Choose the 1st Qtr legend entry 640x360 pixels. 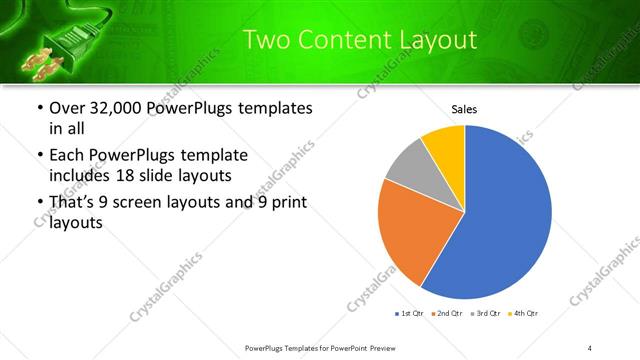(x=411, y=314)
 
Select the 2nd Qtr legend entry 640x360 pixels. (x=448, y=314)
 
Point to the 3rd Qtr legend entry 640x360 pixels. (x=486, y=314)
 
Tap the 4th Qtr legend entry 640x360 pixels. (x=524, y=314)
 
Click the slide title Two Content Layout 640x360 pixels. (x=360, y=40)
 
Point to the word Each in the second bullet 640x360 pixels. (x=67, y=156)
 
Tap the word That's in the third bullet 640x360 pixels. (x=73, y=202)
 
